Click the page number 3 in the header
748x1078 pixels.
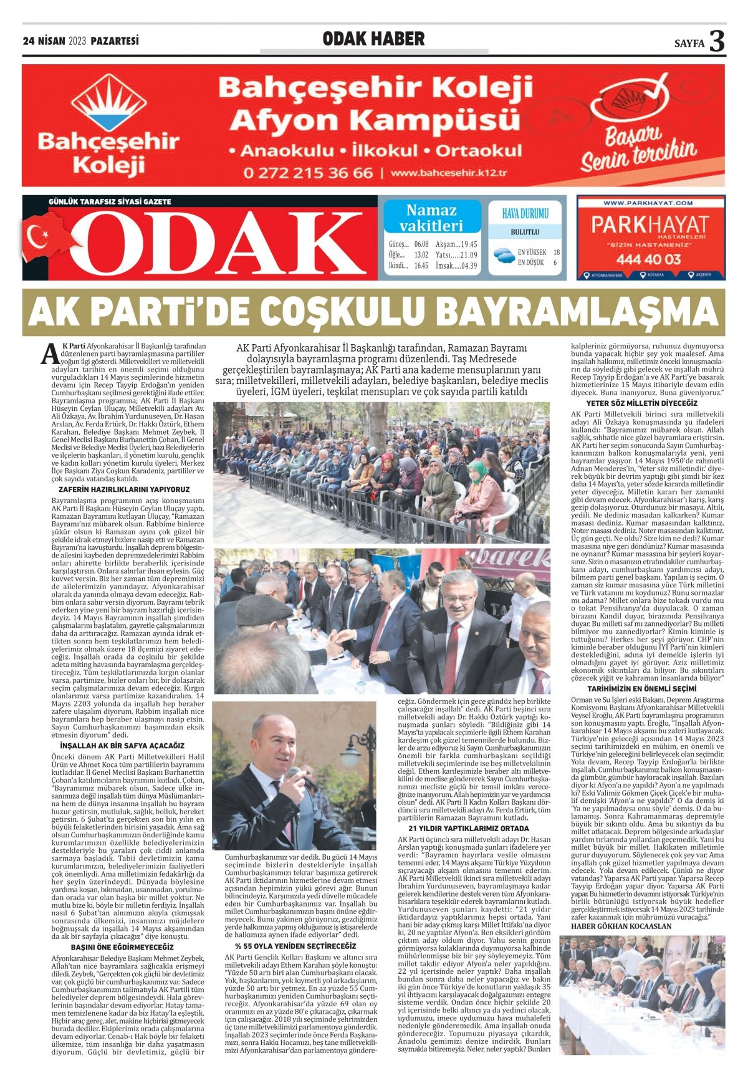(717, 42)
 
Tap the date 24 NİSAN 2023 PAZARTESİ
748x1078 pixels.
(81, 41)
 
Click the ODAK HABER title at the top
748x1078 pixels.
(373, 39)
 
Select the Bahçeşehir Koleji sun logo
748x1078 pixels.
(109, 103)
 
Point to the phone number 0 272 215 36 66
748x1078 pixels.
(308, 173)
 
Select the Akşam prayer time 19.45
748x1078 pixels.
(465, 244)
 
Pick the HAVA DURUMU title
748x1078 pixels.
(525, 214)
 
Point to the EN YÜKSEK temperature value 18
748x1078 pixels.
(556, 252)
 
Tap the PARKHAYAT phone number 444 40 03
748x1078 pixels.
(650, 259)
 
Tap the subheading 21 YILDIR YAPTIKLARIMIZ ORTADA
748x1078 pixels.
(468, 829)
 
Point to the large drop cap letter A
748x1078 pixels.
(49, 354)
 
